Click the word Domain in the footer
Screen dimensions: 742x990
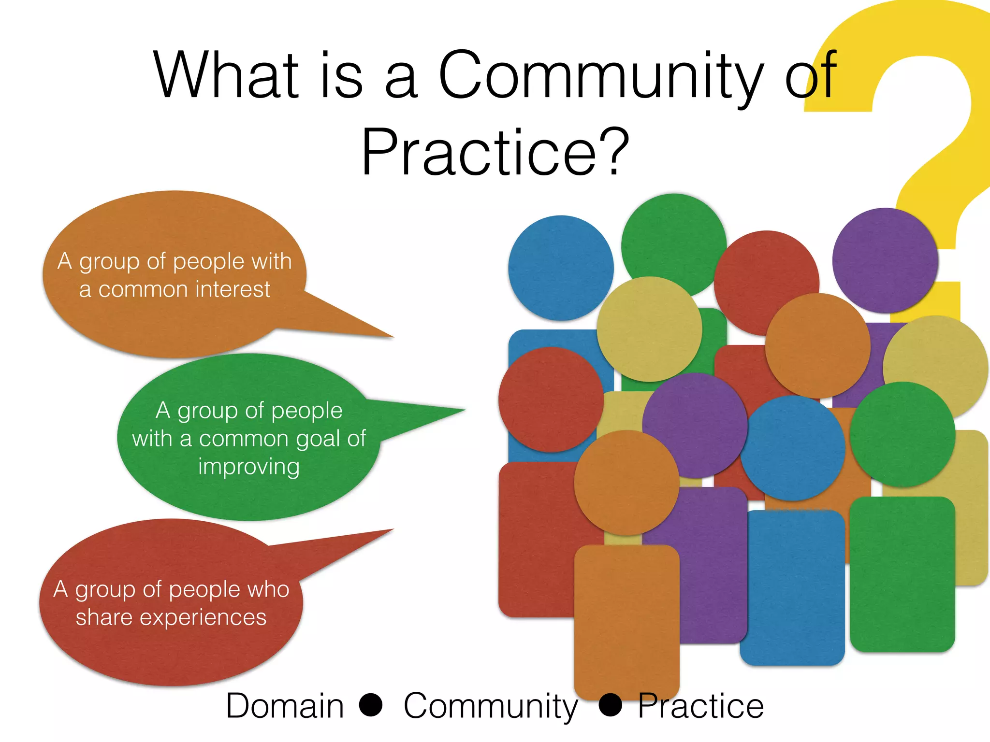point(285,706)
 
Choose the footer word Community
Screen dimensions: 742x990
point(491,707)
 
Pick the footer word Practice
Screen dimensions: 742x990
point(700,706)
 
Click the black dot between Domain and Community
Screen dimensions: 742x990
point(371,704)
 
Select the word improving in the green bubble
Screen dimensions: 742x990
point(249,467)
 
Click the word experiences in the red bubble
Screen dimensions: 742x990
point(203,617)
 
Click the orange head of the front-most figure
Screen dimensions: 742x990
point(626,482)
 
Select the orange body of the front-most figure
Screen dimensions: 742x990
point(626,618)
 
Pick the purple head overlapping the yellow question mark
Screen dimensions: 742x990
point(885,260)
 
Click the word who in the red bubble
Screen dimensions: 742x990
point(268,589)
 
